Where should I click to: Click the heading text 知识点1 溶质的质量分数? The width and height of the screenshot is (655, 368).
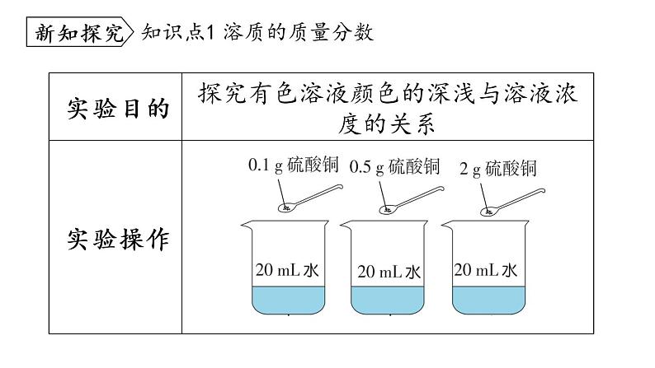[258, 33]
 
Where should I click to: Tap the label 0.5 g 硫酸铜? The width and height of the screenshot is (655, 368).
[395, 166]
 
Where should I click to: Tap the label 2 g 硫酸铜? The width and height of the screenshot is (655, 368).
[498, 168]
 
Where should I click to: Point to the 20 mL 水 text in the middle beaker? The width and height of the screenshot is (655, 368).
[390, 271]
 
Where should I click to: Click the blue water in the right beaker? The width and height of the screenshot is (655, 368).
[489, 300]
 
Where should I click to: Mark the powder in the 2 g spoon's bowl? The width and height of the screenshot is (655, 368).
[490, 211]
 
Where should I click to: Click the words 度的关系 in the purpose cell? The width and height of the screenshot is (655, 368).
[387, 124]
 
